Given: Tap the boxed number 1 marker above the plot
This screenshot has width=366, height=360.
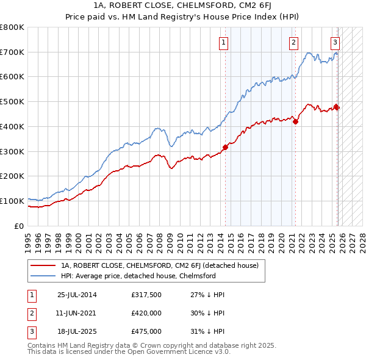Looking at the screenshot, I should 224,42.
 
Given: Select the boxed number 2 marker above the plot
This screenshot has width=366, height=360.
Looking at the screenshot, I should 294,42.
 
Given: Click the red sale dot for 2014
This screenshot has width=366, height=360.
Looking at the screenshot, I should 225,147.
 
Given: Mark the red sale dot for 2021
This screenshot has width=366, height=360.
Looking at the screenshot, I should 296,121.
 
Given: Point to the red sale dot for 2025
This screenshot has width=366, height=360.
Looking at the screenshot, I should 337,107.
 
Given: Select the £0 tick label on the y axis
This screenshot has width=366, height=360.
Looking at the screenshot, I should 18,226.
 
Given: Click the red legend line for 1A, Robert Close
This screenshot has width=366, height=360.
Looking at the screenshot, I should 43,265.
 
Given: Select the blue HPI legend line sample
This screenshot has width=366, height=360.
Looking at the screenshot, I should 43,276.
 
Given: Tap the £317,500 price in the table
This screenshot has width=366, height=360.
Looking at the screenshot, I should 146,295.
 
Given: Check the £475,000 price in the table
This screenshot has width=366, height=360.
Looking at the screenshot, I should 146,331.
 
